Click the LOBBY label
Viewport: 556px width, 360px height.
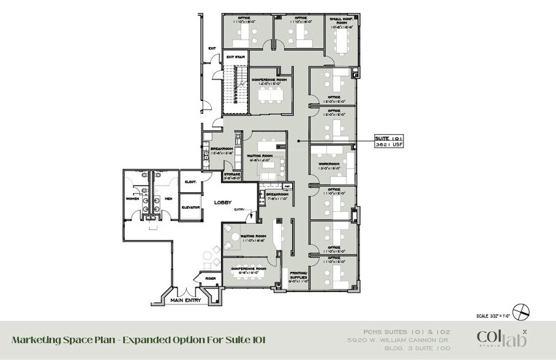222,202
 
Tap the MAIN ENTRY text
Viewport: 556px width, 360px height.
186,300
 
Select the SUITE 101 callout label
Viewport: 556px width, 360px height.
386,138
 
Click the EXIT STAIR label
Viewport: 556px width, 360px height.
235,57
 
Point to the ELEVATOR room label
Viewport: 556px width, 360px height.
191,208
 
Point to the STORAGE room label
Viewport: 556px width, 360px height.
232,174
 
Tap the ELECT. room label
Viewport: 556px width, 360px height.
190,181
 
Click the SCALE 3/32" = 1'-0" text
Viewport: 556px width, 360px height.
494,317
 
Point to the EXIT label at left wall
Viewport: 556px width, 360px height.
212,48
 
